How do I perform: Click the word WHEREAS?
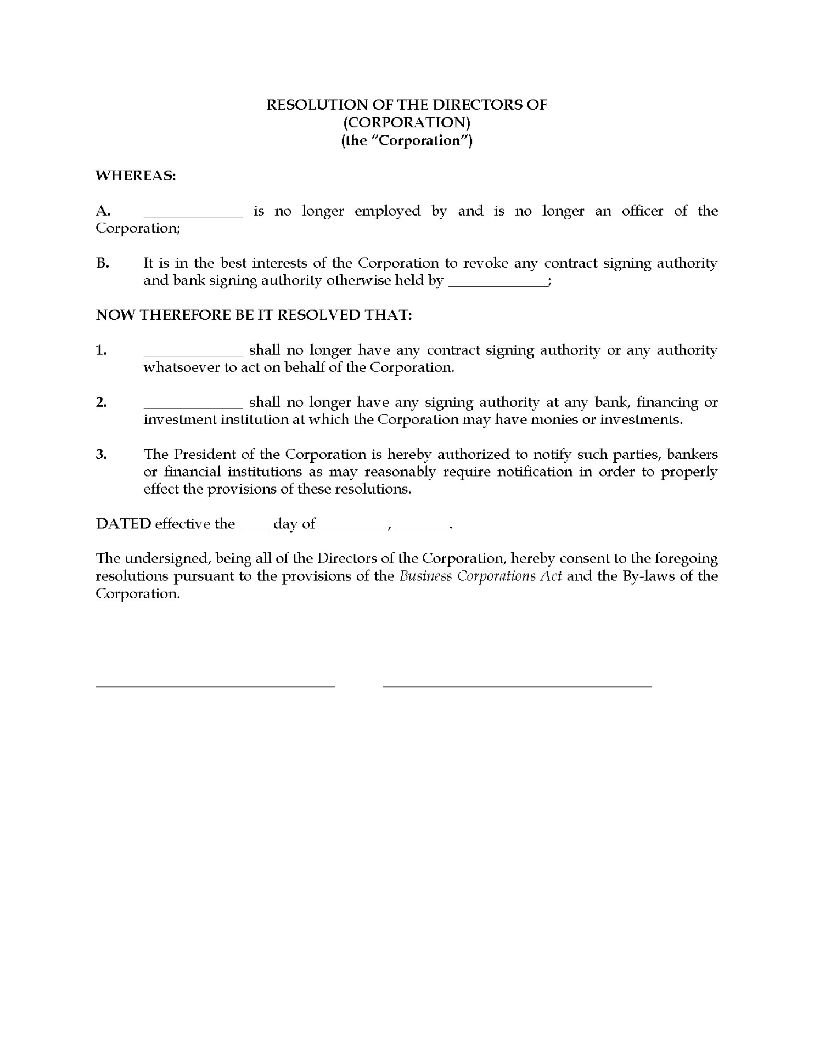click(135, 176)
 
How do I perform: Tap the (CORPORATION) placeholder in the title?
click(407, 122)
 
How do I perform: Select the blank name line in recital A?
click(193, 216)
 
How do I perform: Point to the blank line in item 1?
click(193, 355)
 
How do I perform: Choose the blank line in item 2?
click(193, 407)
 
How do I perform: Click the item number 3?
click(102, 454)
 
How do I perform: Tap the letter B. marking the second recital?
click(103, 263)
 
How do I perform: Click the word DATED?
click(123, 524)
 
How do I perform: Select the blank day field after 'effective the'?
click(254, 529)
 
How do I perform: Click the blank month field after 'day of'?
click(353, 529)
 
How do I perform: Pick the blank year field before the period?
click(422, 529)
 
